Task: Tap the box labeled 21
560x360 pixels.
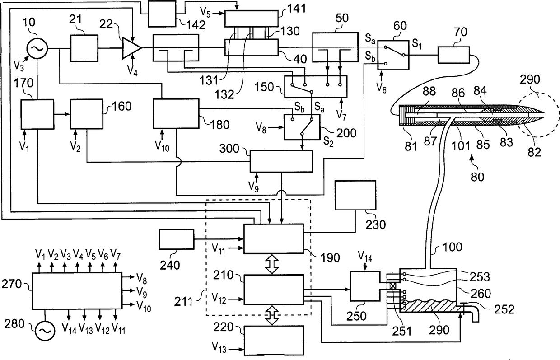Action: [x=84, y=47]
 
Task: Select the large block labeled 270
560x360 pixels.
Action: [x=76, y=290]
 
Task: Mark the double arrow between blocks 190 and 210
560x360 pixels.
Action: [x=272, y=266]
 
